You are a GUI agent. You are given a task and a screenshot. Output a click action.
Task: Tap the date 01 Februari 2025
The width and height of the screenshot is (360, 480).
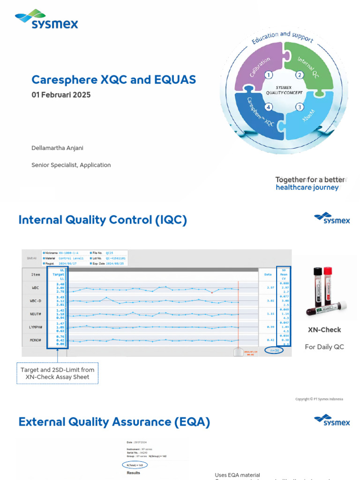tap(61, 95)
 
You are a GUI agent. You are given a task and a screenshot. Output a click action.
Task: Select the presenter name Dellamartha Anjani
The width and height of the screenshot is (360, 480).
tap(57, 148)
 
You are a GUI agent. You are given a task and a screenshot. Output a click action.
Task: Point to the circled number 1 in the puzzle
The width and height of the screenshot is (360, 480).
tap(269, 75)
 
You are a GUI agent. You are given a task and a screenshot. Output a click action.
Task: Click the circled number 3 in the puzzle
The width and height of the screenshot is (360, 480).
tap(299, 107)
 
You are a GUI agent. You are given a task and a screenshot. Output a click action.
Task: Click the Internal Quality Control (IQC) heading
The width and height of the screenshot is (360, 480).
tap(102, 220)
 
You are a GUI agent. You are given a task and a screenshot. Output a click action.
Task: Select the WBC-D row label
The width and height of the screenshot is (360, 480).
tap(35, 301)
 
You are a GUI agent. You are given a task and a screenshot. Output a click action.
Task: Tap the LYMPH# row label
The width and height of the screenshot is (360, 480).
tap(35, 327)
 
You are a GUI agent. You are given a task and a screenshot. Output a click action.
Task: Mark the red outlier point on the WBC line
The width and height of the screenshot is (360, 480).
tap(212, 292)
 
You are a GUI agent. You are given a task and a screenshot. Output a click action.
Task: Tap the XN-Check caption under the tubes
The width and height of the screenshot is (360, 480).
tap(324, 330)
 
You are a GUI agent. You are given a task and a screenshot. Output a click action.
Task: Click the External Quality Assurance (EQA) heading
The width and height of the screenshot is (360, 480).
tap(114, 422)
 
